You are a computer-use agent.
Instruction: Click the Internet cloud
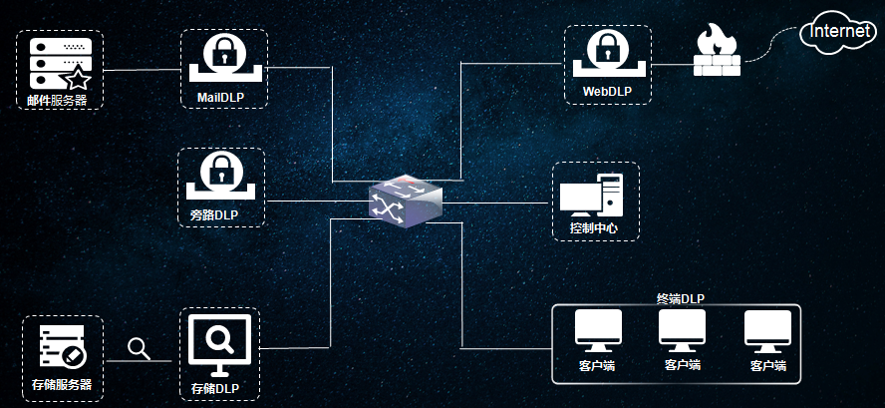pos(841,33)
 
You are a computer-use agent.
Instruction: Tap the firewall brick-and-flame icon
pos(717,54)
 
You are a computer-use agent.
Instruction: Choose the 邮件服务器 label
pos(58,100)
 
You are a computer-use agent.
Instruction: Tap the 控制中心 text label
pos(593,229)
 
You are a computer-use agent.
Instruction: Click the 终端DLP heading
pos(681,297)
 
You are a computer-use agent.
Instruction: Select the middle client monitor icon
pos(682,330)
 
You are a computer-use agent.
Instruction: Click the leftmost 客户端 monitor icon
pos(597,330)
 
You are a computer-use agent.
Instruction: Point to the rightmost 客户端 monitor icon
pos(768,330)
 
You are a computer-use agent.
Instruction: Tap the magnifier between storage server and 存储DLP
pos(140,348)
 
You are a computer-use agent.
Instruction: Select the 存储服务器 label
pos(62,384)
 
